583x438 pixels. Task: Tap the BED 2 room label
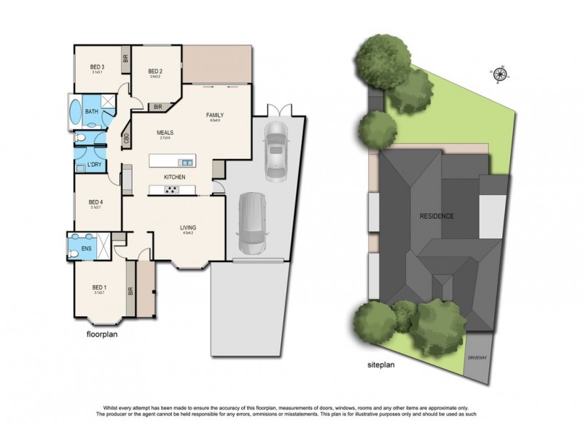click(x=154, y=71)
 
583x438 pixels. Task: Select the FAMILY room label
click(x=214, y=115)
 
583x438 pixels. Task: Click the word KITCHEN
click(x=174, y=177)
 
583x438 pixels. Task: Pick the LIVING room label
click(x=189, y=228)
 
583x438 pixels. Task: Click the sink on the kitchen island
click(x=187, y=162)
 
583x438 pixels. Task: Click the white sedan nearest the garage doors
click(x=276, y=150)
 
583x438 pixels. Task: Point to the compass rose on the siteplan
click(x=501, y=72)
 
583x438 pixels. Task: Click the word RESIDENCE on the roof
click(x=437, y=216)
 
